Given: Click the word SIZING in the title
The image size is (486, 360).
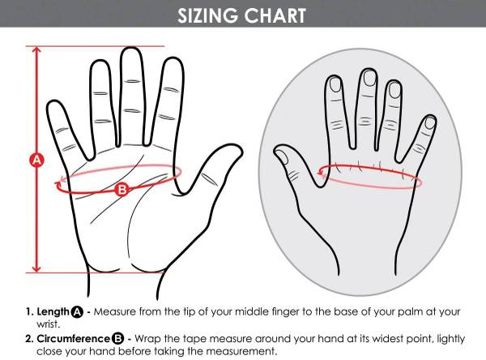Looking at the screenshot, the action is pyautogui.click(x=208, y=15).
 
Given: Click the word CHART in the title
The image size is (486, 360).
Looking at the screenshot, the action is pyautogui.click(x=275, y=15).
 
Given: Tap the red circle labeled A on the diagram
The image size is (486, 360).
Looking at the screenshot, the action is pyautogui.click(x=37, y=161).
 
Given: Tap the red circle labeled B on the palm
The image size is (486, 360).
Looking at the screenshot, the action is pyautogui.click(x=122, y=189).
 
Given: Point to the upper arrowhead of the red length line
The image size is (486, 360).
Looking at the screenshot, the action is pyautogui.click(x=37, y=49).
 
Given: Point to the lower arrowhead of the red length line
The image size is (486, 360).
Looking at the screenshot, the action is pyautogui.click(x=37, y=268).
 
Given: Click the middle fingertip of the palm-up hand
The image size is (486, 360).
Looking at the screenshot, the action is pyautogui.click(x=131, y=49).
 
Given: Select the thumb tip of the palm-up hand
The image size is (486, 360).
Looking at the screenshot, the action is pyautogui.click(x=237, y=148).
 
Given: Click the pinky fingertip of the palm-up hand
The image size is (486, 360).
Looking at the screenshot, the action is pyautogui.click(x=53, y=103).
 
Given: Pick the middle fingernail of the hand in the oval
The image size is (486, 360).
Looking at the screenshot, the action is pyautogui.click(x=369, y=78).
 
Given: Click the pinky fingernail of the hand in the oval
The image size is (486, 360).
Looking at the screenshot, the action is pyautogui.click(x=430, y=123).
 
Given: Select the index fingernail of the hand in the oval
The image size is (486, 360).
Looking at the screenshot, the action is pyautogui.click(x=394, y=90).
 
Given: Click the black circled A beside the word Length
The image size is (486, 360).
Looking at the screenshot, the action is pyautogui.click(x=77, y=312).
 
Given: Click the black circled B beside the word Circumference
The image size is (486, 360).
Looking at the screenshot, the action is pyautogui.click(x=117, y=339).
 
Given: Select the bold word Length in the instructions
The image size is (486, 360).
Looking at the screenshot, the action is pyautogui.click(x=53, y=311).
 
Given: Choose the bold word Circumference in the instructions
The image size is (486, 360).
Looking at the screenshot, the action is pyautogui.click(x=73, y=339).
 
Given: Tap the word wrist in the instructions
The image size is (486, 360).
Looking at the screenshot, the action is pyautogui.click(x=48, y=324).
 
